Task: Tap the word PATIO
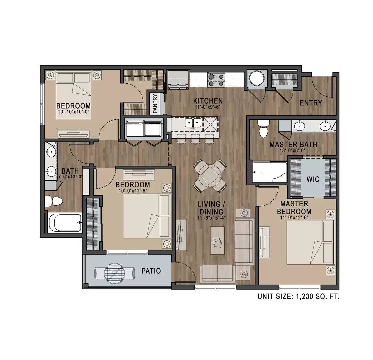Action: [x=151, y=271]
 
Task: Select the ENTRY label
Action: [x=311, y=103]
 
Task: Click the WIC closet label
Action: [x=313, y=179]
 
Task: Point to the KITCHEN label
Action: [x=208, y=100]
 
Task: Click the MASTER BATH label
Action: [x=293, y=145]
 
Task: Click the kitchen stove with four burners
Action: [x=216, y=80]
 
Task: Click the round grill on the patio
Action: [x=114, y=274]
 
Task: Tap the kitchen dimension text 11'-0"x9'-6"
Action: [x=208, y=107]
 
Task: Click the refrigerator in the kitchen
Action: [x=177, y=80]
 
